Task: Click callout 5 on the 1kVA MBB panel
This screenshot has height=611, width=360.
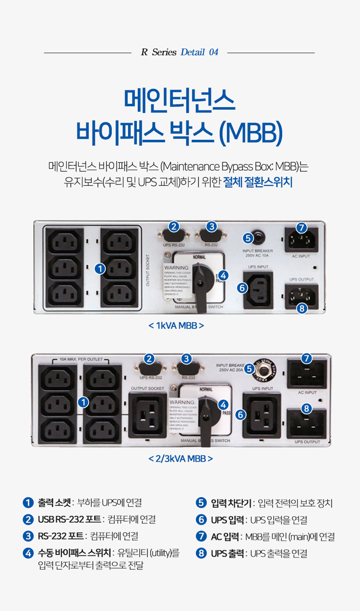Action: pyautogui.click(x=248, y=238)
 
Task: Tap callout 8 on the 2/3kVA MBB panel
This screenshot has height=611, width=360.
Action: pyautogui.click(x=306, y=409)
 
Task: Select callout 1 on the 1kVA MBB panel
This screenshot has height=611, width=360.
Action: pyautogui.click(x=100, y=269)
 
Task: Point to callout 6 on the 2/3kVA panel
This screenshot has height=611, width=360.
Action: pyautogui.click(x=240, y=414)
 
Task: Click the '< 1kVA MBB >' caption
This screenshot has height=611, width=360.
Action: pyautogui.click(x=176, y=326)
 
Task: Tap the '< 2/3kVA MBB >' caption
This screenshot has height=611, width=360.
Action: pyautogui.click(x=180, y=459)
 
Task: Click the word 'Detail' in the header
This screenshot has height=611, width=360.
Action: pyautogui.click(x=193, y=52)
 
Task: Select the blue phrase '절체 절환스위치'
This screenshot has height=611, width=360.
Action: pyautogui.click(x=258, y=182)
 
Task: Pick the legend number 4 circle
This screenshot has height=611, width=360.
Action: pyautogui.click(x=28, y=553)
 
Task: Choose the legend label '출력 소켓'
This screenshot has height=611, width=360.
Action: pyautogui.click(x=54, y=503)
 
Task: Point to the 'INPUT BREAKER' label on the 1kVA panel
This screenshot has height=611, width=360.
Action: pyautogui.click(x=258, y=251)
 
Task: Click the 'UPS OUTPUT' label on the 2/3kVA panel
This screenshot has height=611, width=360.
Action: pyautogui.click(x=307, y=442)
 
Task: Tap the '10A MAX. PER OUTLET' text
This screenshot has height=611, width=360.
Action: pyautogui.click(x=81, y=359)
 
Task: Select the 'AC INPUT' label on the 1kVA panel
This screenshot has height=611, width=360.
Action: pyautogui.click(x=301, y=256)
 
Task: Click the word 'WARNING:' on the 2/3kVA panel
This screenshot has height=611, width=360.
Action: pyautogui.click(x=182, y=402)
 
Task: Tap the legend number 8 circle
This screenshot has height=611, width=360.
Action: pyautogui.click(x=201, y=553)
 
